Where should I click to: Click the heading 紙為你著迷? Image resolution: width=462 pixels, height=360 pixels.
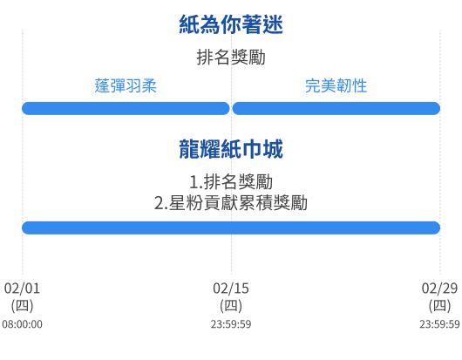[x=231, y=24]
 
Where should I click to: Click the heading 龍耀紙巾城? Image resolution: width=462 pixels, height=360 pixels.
[x=231, y=149]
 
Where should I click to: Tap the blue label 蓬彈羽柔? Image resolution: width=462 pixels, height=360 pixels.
[x=126, y=86]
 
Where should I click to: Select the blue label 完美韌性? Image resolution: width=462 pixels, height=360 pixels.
[x=336, y=86]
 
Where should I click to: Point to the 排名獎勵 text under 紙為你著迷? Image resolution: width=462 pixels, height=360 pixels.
[x=231, y=58]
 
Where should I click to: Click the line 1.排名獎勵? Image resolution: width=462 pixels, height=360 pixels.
[x=231, y=182]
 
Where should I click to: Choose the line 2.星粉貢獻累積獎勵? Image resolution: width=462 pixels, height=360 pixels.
[x=231, y=203]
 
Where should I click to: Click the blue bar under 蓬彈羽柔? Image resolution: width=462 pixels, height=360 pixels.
[x=126, y=108]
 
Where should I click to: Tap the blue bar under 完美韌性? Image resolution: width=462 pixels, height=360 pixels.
[x=336, y=108]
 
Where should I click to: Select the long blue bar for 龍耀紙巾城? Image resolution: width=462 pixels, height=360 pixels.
[x=231, y=228]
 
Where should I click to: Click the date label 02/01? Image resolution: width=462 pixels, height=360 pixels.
[x=22, y=289]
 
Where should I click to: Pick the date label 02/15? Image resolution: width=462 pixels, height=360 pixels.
[x=231, y=289]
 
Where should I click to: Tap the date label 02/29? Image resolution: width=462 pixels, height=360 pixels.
[x=439, y=289]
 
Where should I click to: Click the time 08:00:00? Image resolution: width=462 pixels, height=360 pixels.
[x=22, y=324]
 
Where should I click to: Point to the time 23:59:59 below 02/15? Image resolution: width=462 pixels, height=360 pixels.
[x=231, y=324]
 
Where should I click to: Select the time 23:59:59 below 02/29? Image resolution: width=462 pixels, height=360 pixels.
[x=439, y=324]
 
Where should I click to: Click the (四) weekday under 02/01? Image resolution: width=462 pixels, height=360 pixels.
[x=22, y=305]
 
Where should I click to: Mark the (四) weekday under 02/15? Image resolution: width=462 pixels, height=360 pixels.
[x=231, y=305]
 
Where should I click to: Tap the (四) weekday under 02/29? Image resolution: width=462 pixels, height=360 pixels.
[x=439, y=305]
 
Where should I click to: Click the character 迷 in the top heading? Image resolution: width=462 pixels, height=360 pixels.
[x=273, y=24]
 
